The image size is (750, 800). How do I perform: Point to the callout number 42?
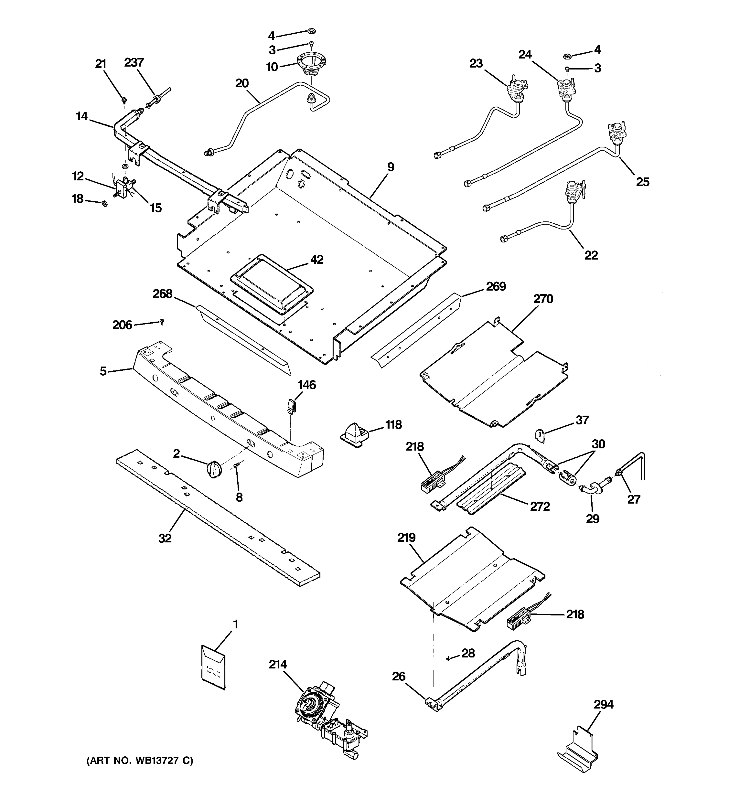pyautogui.click(x=317, y=260)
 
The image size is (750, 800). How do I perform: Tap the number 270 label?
pyautogui.click(x=543, y=299)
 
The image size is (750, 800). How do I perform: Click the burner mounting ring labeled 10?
pyautogui.click(x=311, y=65)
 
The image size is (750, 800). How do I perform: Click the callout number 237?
pyautogui.click(x=134, y=62)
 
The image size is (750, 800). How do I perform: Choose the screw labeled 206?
pyautogui.click(x=162, y=322)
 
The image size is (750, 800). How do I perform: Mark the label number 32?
pyautogui.click(x=165, y=538)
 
